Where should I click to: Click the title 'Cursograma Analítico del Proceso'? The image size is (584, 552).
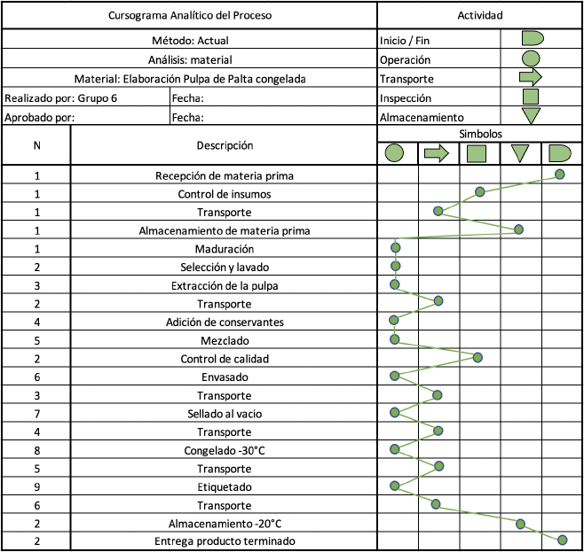190,16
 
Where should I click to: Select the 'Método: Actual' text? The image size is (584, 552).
190,41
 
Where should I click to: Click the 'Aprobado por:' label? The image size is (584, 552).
39,118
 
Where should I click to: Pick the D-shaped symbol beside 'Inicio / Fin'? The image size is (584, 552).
533,38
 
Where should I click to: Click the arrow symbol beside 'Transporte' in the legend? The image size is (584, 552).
531,77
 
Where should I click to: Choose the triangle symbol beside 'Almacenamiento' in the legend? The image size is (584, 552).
531,116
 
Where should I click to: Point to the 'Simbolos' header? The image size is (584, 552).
480,134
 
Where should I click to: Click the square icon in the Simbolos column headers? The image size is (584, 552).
477,153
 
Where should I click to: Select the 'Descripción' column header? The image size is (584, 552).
225,145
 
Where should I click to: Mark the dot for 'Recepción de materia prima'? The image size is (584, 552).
559,174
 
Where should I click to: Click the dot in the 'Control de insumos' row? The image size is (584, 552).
479,191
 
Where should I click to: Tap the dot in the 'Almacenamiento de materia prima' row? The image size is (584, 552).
518,229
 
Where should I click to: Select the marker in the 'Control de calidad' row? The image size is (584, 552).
477,358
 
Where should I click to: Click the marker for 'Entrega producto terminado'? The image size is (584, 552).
563,540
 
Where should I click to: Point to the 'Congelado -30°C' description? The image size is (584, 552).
225,450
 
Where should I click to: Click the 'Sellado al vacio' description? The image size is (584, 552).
225,414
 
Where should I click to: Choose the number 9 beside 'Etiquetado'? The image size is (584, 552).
37,487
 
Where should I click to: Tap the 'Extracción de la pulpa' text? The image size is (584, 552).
225,286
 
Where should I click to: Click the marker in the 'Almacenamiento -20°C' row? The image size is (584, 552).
520,525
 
